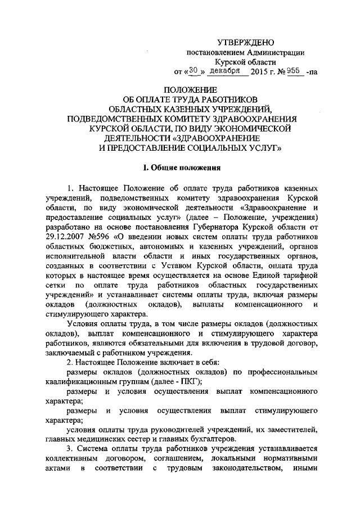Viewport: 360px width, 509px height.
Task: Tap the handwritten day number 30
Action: [193, 71]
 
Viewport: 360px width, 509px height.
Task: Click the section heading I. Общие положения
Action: [179, 167]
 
